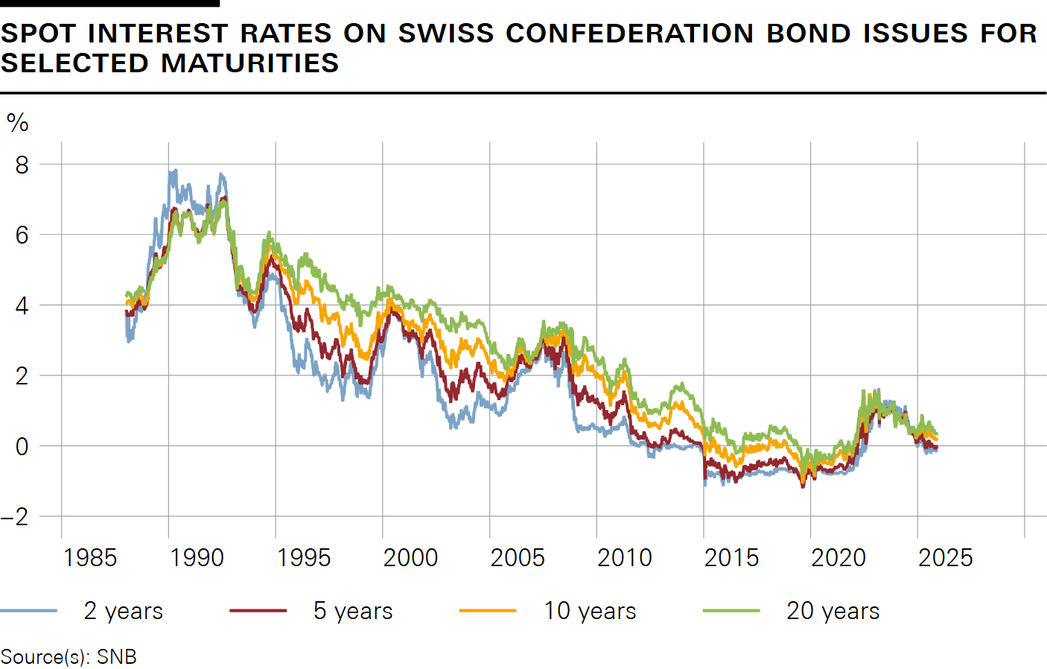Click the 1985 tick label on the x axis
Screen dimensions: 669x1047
pyautogui.click(x=89, y=557)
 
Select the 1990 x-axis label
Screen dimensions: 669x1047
pyautogui.click(x=197, y=557)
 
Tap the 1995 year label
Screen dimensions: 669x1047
pyautogui.click(x=304, y=557)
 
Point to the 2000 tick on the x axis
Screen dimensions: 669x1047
pyautogui.click(x=410, y=557)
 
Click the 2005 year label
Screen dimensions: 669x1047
pyautogui.click(x=518, y=557)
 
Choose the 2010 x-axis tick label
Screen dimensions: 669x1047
pyautogui.click(x=625, y=557)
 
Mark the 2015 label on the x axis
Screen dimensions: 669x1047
pyautogui.click(x=731, y=557)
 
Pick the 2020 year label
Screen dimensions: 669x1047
pyautogui.click(x=838, y=557)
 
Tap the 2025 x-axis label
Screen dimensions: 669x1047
pyautogui.click(x=946, y=557)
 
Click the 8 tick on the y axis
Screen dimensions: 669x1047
pyautogui.click(x=22, y=165)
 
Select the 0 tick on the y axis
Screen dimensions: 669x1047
pyautogui.click(x=22, y=446)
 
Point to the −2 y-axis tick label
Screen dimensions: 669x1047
pyautogui.click(x=16, y=517)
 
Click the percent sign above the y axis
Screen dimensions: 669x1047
pyautogui.click(x=18, y=122)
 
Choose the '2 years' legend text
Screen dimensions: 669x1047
pyautogui.click(x=123, y=611)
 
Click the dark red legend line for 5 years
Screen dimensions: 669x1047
pyautogui.click(x=258, y=611)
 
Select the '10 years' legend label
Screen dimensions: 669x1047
pyautogui.click(x=590, y=611)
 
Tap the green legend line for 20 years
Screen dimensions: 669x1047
pyautogui.click(x=731, y=611)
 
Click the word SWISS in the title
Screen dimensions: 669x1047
pyautogui.click(x=446, y=34)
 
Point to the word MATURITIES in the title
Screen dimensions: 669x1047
pyautogui.click(x=250, y=63)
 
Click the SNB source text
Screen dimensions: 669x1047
pyautogui.click(x=117, y=657)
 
